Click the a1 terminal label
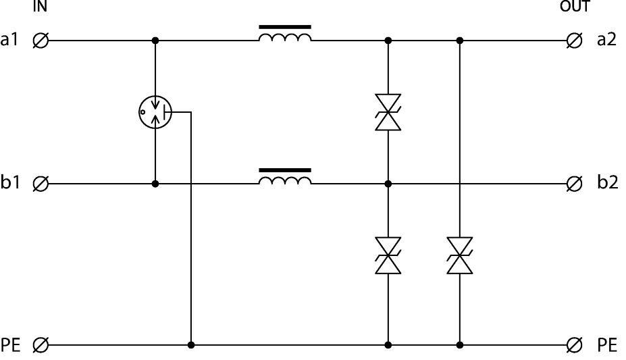point(9,41)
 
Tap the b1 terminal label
point(10,183)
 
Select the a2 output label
point(607,41)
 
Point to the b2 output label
point(607,183)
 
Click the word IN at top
point(39,7)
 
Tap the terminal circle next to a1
point(41,41)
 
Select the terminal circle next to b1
point(41,183)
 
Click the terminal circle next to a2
point(575,41)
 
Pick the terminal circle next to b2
point(575,183)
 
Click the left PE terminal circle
point(41,345)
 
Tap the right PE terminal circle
point(575,345)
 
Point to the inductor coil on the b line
point(285,179)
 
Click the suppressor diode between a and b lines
point(388,112)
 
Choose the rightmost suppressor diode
point(459,255)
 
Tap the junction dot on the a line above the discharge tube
point(155,41)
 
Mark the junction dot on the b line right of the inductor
point(388,183)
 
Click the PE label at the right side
point(607,345)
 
